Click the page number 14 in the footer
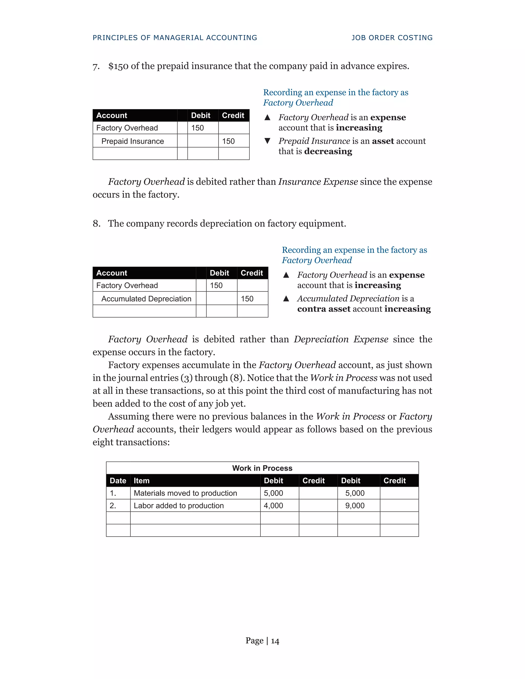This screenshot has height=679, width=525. tap(275, 641)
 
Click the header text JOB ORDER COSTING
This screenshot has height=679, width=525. tap(392, 38)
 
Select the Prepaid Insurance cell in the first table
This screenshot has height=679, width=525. tap(133, 141)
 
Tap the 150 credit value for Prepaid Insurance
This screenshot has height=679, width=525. tap(228, 141)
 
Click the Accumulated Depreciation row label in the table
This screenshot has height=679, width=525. tap(146, 299)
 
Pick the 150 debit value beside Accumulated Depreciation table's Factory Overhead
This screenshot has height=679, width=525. tap(216, 285)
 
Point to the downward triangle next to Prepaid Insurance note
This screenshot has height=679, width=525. tap(267, 141)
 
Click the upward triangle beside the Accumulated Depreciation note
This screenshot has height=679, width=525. tap(286, 299)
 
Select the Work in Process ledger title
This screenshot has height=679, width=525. tap(262, 468)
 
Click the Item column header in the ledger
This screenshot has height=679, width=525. tap(142, 481)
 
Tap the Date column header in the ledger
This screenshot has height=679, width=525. tap(118, 481)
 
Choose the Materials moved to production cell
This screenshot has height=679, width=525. tap(185, 493)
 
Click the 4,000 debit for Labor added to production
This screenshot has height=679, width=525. tap(273, 506)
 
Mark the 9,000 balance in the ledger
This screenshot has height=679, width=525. tap(355, 506)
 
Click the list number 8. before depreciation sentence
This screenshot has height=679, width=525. tap(97, 223)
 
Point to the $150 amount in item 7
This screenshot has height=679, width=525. tap(118, 66)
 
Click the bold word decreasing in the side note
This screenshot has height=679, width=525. tap(328, 151)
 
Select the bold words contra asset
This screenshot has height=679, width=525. tap(324, 309)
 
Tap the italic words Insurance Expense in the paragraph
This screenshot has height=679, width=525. tap(318, 182)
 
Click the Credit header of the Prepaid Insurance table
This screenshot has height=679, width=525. tap(233, 115)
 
